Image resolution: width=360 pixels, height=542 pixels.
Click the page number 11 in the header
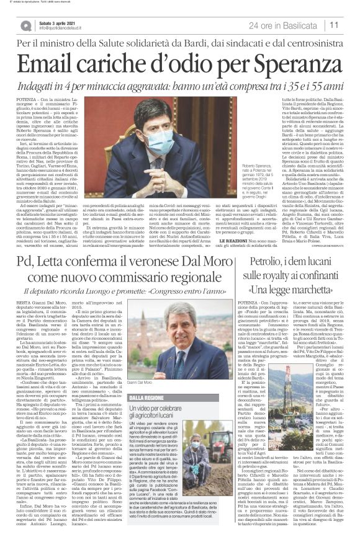tap(335, 25)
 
